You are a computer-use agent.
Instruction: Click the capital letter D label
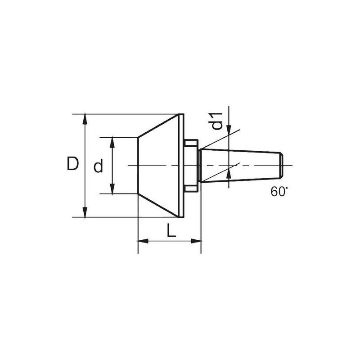pyautogui.click(x=73, y=163)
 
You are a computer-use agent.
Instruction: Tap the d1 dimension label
pyautogui.click(x=216, y=121)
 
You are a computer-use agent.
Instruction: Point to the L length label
pyautogui.click(x=171, y=230)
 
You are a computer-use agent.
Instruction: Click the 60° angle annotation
pyautogui.click(x=279, y=191)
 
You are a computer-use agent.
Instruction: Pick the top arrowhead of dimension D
pyautogui.click(x=85, y=119)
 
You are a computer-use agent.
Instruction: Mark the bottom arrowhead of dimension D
pyautogui.click(x=85, y=212)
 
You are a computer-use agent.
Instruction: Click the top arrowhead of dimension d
pyautogui.click(x=112, y=143)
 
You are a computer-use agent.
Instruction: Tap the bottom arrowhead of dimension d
pyautogui.click(x=112, y=189)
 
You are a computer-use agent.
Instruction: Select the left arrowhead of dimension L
pyautogui.click(x=143, y=241)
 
